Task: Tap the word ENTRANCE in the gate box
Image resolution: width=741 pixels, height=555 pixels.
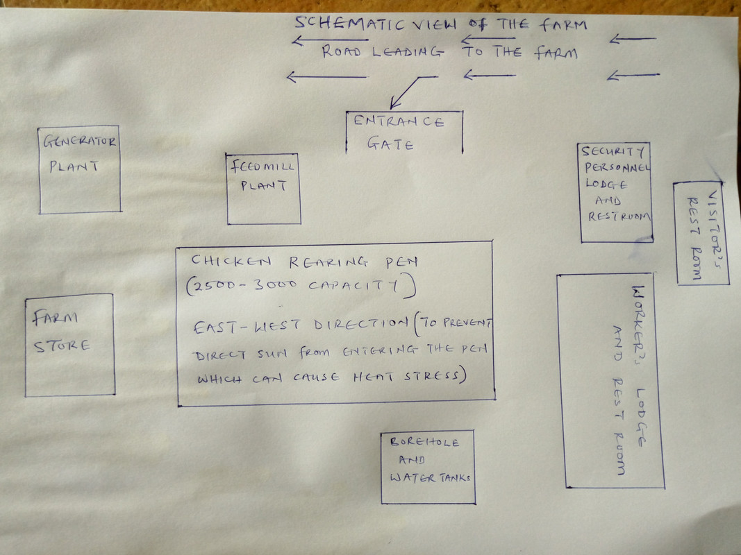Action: click(399, 121)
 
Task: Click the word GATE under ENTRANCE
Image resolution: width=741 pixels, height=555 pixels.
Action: click(390, 144)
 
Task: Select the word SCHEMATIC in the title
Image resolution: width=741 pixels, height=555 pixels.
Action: click(351, 23)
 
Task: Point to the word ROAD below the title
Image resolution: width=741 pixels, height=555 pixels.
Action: click(341, 51)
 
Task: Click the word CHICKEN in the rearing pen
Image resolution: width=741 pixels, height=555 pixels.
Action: click(231, 261)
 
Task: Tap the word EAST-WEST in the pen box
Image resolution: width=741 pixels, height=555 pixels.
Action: click(247, 326)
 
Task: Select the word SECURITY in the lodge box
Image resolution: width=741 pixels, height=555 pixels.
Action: click(613, 151)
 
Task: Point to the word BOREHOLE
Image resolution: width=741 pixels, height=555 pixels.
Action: click(424, 442)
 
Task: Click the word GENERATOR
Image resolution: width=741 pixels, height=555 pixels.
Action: click(79, 141)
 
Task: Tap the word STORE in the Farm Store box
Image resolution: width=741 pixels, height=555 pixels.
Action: click(61, 346)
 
